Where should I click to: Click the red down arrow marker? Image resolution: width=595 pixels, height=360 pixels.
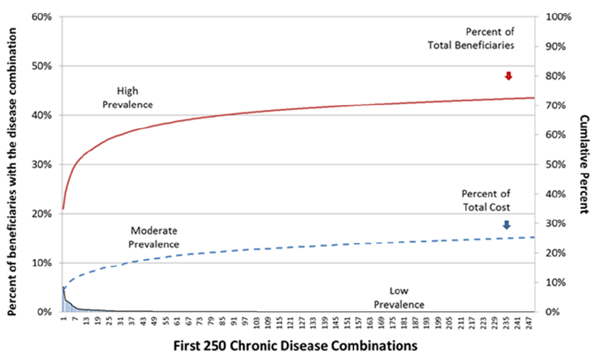point(508,76)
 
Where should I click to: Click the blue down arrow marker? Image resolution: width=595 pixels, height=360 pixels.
point(507,225)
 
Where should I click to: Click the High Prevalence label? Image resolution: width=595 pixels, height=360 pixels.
point(127,97)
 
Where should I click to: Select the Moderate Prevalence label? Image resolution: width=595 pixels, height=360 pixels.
point(154,238)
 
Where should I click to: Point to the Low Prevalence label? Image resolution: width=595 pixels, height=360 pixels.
point(399,298)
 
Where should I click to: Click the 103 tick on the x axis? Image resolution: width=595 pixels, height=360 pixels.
point(256,322)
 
